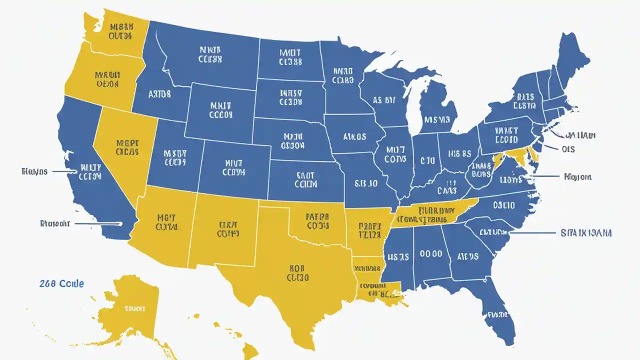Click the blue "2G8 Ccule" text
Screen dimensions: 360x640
[x=61, y=283]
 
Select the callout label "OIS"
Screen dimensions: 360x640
[x=568, y=149]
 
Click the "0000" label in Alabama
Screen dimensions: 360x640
[x=430, y=254]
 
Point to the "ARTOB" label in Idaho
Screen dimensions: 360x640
[x=159, y=93]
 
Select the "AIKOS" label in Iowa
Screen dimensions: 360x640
[x=354, y=136]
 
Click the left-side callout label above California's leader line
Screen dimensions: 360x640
[x=34, y=171]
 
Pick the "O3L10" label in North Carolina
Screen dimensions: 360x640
[x=503, y=205]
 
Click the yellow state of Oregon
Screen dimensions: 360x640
[x=102, y=80]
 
